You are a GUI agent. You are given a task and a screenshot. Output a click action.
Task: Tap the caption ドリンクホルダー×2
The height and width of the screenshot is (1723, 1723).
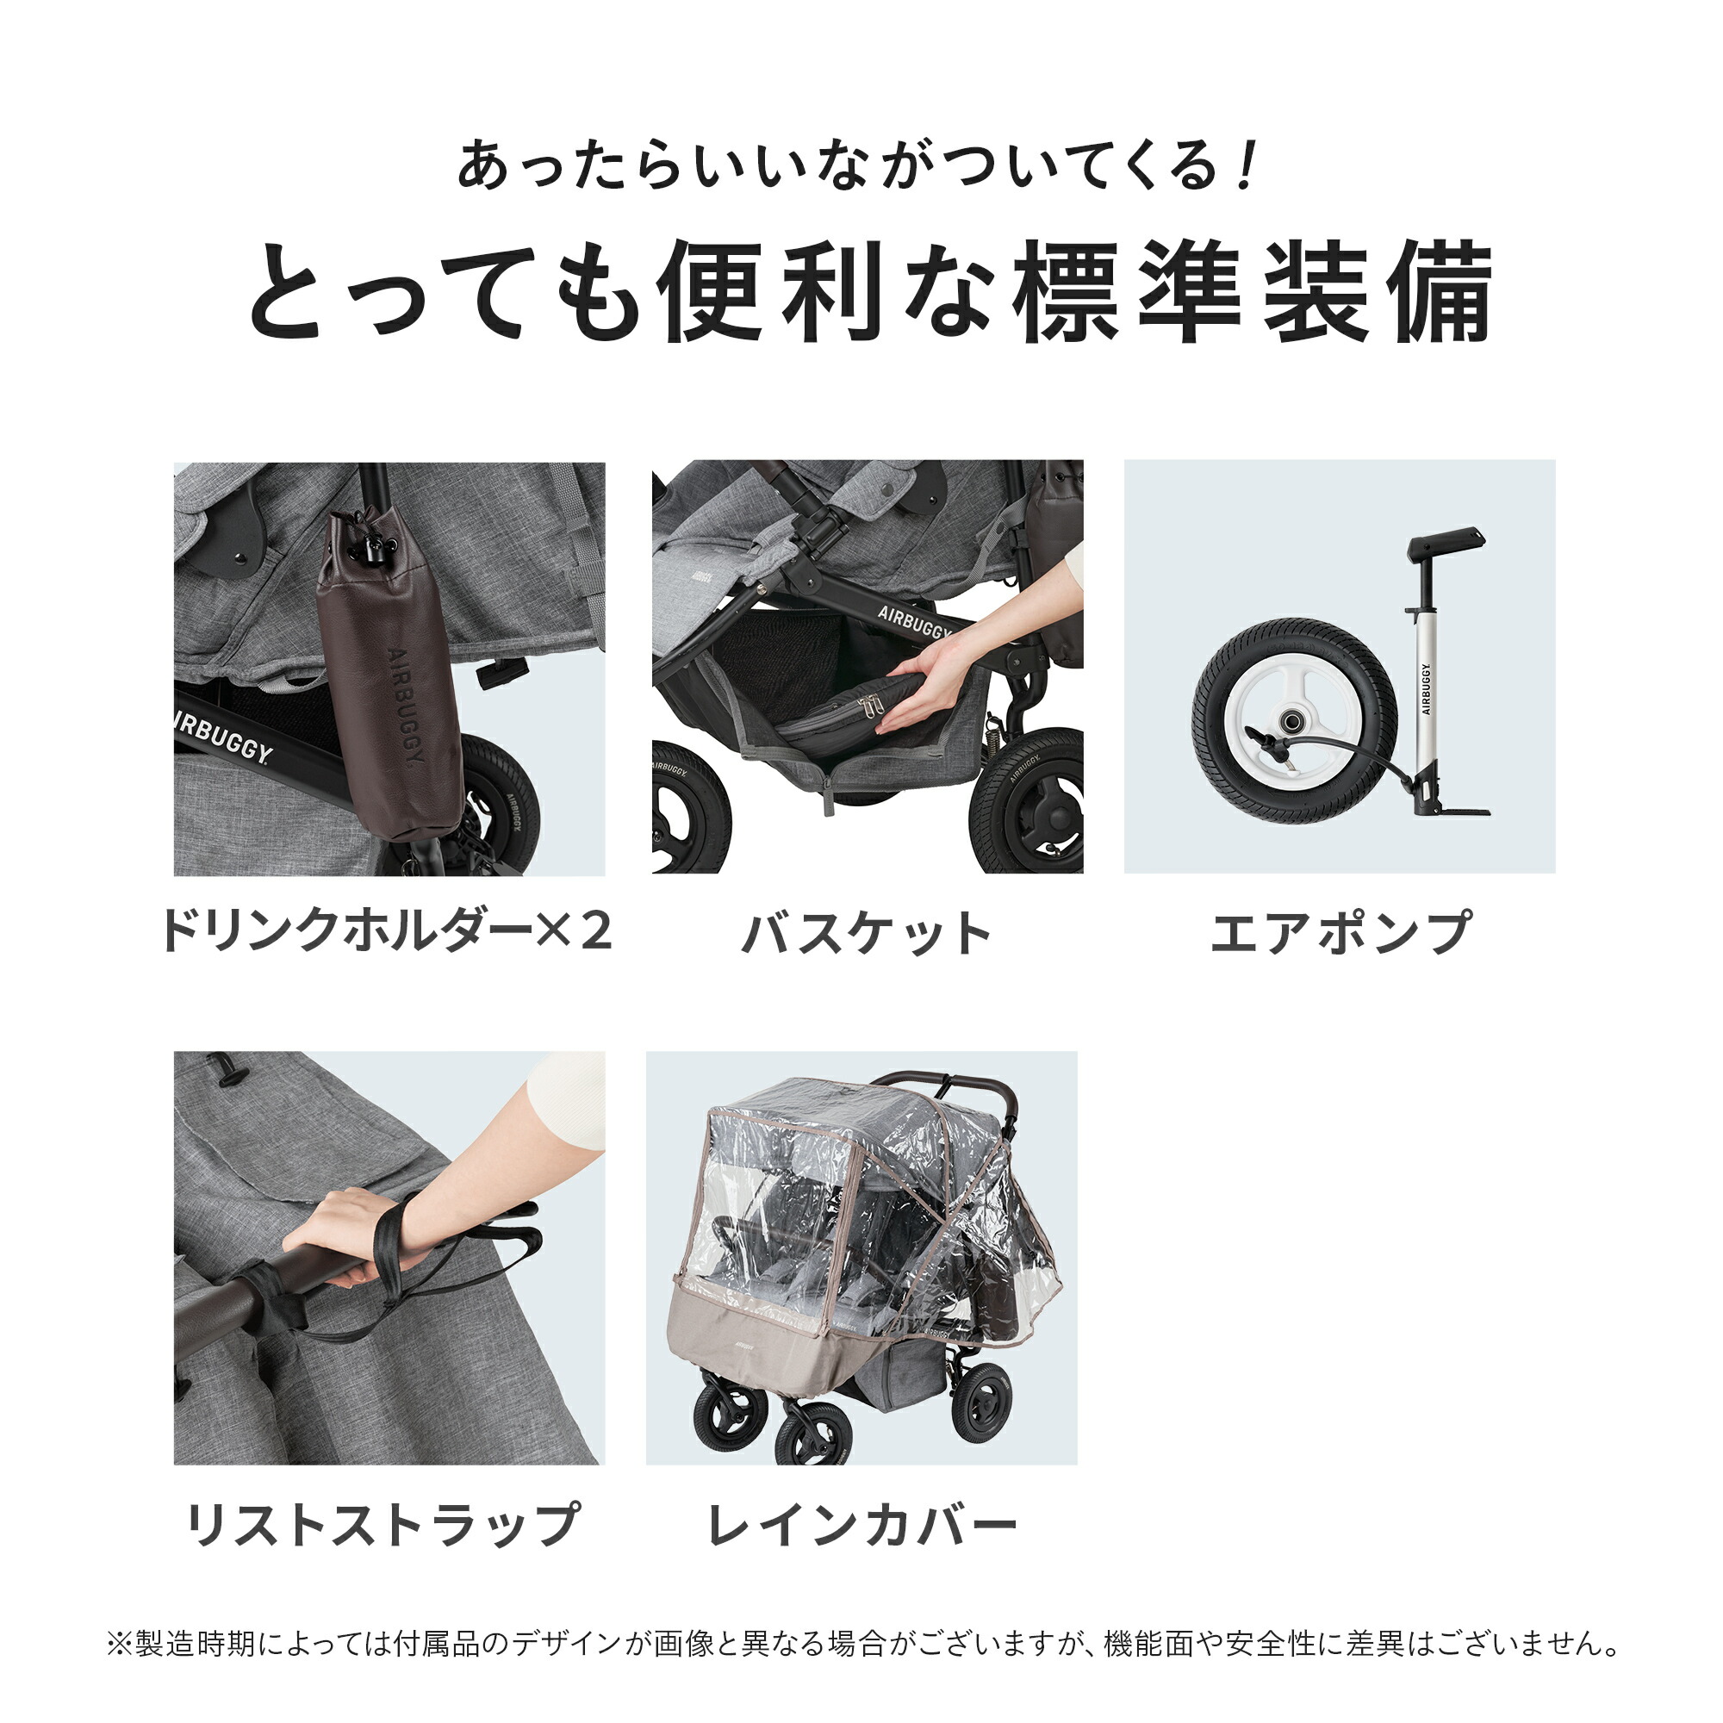pos(386,932)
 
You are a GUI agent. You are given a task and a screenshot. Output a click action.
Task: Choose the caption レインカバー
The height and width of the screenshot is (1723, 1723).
pos(861,1526)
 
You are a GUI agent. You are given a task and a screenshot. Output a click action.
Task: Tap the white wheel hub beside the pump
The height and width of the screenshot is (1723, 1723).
pos(1293,718)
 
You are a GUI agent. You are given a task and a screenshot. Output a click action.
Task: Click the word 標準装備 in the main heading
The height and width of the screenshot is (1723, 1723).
pos(1253,292)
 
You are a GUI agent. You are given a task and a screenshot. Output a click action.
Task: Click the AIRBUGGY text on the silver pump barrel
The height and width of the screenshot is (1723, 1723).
pos(1425,689)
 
